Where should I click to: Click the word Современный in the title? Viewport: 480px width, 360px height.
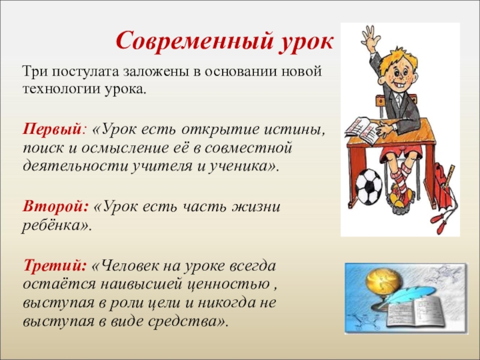coord(194,41)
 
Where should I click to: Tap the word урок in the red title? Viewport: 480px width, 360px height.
coord(305,43)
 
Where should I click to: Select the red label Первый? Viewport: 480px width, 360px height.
coord(52,130)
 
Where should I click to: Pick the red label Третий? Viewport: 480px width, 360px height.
coord(54,265)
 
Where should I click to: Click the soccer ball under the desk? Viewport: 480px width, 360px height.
coord(369,186)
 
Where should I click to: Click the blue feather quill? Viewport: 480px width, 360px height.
coord(395,298)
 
